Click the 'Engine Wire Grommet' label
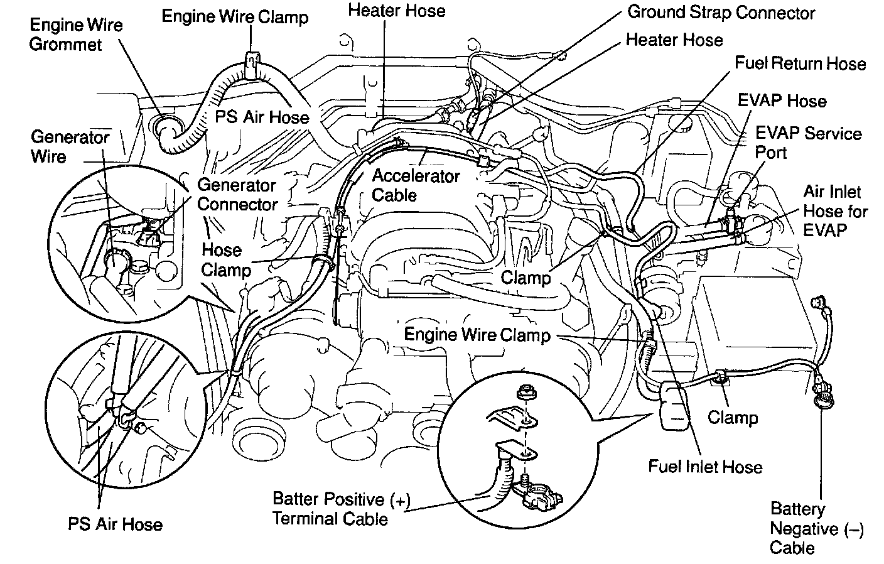(x=76, y=35)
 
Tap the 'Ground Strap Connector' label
(x=721, y=13)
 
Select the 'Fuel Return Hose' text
(x=800, y=63)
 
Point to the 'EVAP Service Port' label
(x=807, y=143)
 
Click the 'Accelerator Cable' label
(x=415, y=185)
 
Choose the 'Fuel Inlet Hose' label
(x=704, y=467)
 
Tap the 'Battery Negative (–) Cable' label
(x=816, y=528)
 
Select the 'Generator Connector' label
(x=237, y=195)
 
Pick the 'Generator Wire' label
(x=70, y=146)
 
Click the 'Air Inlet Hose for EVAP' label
(x=834, y=210)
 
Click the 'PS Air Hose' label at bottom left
(x=115, y=524)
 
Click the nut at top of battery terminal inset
(x=522, y=394)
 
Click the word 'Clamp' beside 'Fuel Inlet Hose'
(x=732, y=417)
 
